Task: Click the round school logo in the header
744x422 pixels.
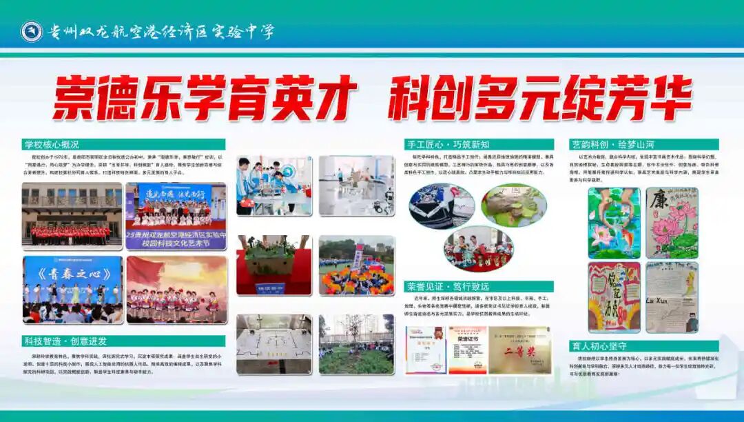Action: click(x=31, y=31)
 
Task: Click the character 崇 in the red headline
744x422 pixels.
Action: click(x=74, y=99)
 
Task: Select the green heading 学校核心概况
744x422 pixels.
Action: click(x=52, y=145)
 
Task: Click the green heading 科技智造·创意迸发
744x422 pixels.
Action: click(x=65, y=341)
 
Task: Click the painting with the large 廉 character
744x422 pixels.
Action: click(x=672, y=223)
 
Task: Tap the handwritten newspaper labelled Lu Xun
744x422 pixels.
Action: click(x=672, y=297)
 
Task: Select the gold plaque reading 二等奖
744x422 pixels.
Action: click(x=519, y=350)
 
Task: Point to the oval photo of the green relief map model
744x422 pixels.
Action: click(x=513, y=205)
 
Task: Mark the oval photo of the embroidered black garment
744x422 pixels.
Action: click(x=442, y=205)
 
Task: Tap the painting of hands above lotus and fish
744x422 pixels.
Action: click(x=614, y=223)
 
